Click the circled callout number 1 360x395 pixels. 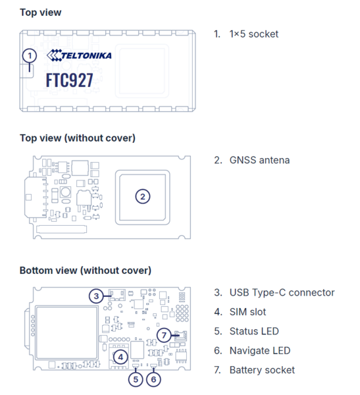(30, 56)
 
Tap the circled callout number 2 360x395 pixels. (143, 196)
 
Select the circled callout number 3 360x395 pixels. (96, 296)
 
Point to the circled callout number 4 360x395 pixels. (120, 357)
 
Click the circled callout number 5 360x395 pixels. (136, 379)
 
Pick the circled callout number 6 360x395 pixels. (153, 379)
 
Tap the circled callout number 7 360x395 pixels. (164, 335)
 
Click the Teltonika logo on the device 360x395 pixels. (79, 55)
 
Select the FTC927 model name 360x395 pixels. (70, 80)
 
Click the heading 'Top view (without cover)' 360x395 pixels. (78, 138)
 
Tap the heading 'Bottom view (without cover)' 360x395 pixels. (86, 271)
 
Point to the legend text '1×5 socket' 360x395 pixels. (253, 34)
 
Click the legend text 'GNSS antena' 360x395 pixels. (259, 160)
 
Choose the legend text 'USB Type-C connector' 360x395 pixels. (282, 293)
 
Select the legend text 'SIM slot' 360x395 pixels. (247, 312)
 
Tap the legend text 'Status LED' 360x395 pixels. (254, 331)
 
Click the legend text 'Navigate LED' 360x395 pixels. (260, 351)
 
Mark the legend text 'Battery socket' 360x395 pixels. (262, 370)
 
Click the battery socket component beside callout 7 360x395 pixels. (181, 336)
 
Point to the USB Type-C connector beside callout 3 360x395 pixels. (117, 294)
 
